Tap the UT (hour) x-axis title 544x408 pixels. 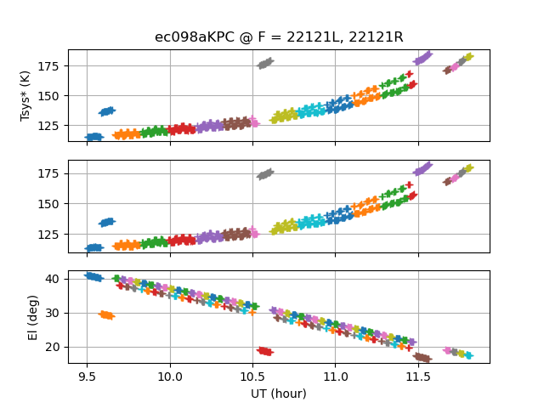coord(278,394)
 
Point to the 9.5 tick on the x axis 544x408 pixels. coord(87,375)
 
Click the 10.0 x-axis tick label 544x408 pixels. coord(170,375)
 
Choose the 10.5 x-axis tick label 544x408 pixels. coord(252,375)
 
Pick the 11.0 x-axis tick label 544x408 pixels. coord(335,375)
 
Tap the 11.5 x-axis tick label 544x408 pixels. coord(418,375)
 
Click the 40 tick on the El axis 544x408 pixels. coord(58,279)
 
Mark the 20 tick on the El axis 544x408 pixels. coord(58,347)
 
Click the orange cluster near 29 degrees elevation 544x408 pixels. coord(106,314)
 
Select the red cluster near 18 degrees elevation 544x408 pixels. coord(264,351)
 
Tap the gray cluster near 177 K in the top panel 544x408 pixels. coord(265,63)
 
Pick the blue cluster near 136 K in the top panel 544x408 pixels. coord(107,111)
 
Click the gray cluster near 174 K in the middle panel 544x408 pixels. coord(265,174)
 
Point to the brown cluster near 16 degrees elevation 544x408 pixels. coord(422,358)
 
